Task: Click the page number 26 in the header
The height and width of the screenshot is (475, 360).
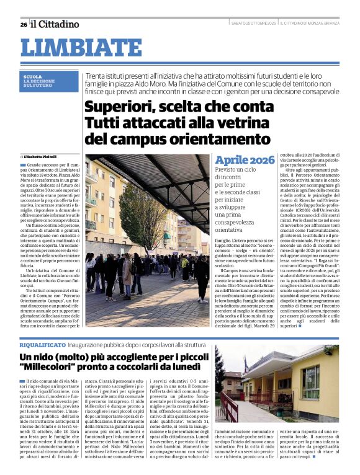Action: point(23,25)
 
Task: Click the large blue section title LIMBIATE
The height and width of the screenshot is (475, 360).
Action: point(81,48)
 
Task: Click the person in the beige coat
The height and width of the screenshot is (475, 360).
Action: point(127,270)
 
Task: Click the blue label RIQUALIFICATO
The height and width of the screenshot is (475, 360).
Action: point(42,344)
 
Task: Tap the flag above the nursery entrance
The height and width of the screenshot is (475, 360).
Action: point(246,365)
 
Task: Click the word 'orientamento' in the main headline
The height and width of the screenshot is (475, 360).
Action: point(218,137)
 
